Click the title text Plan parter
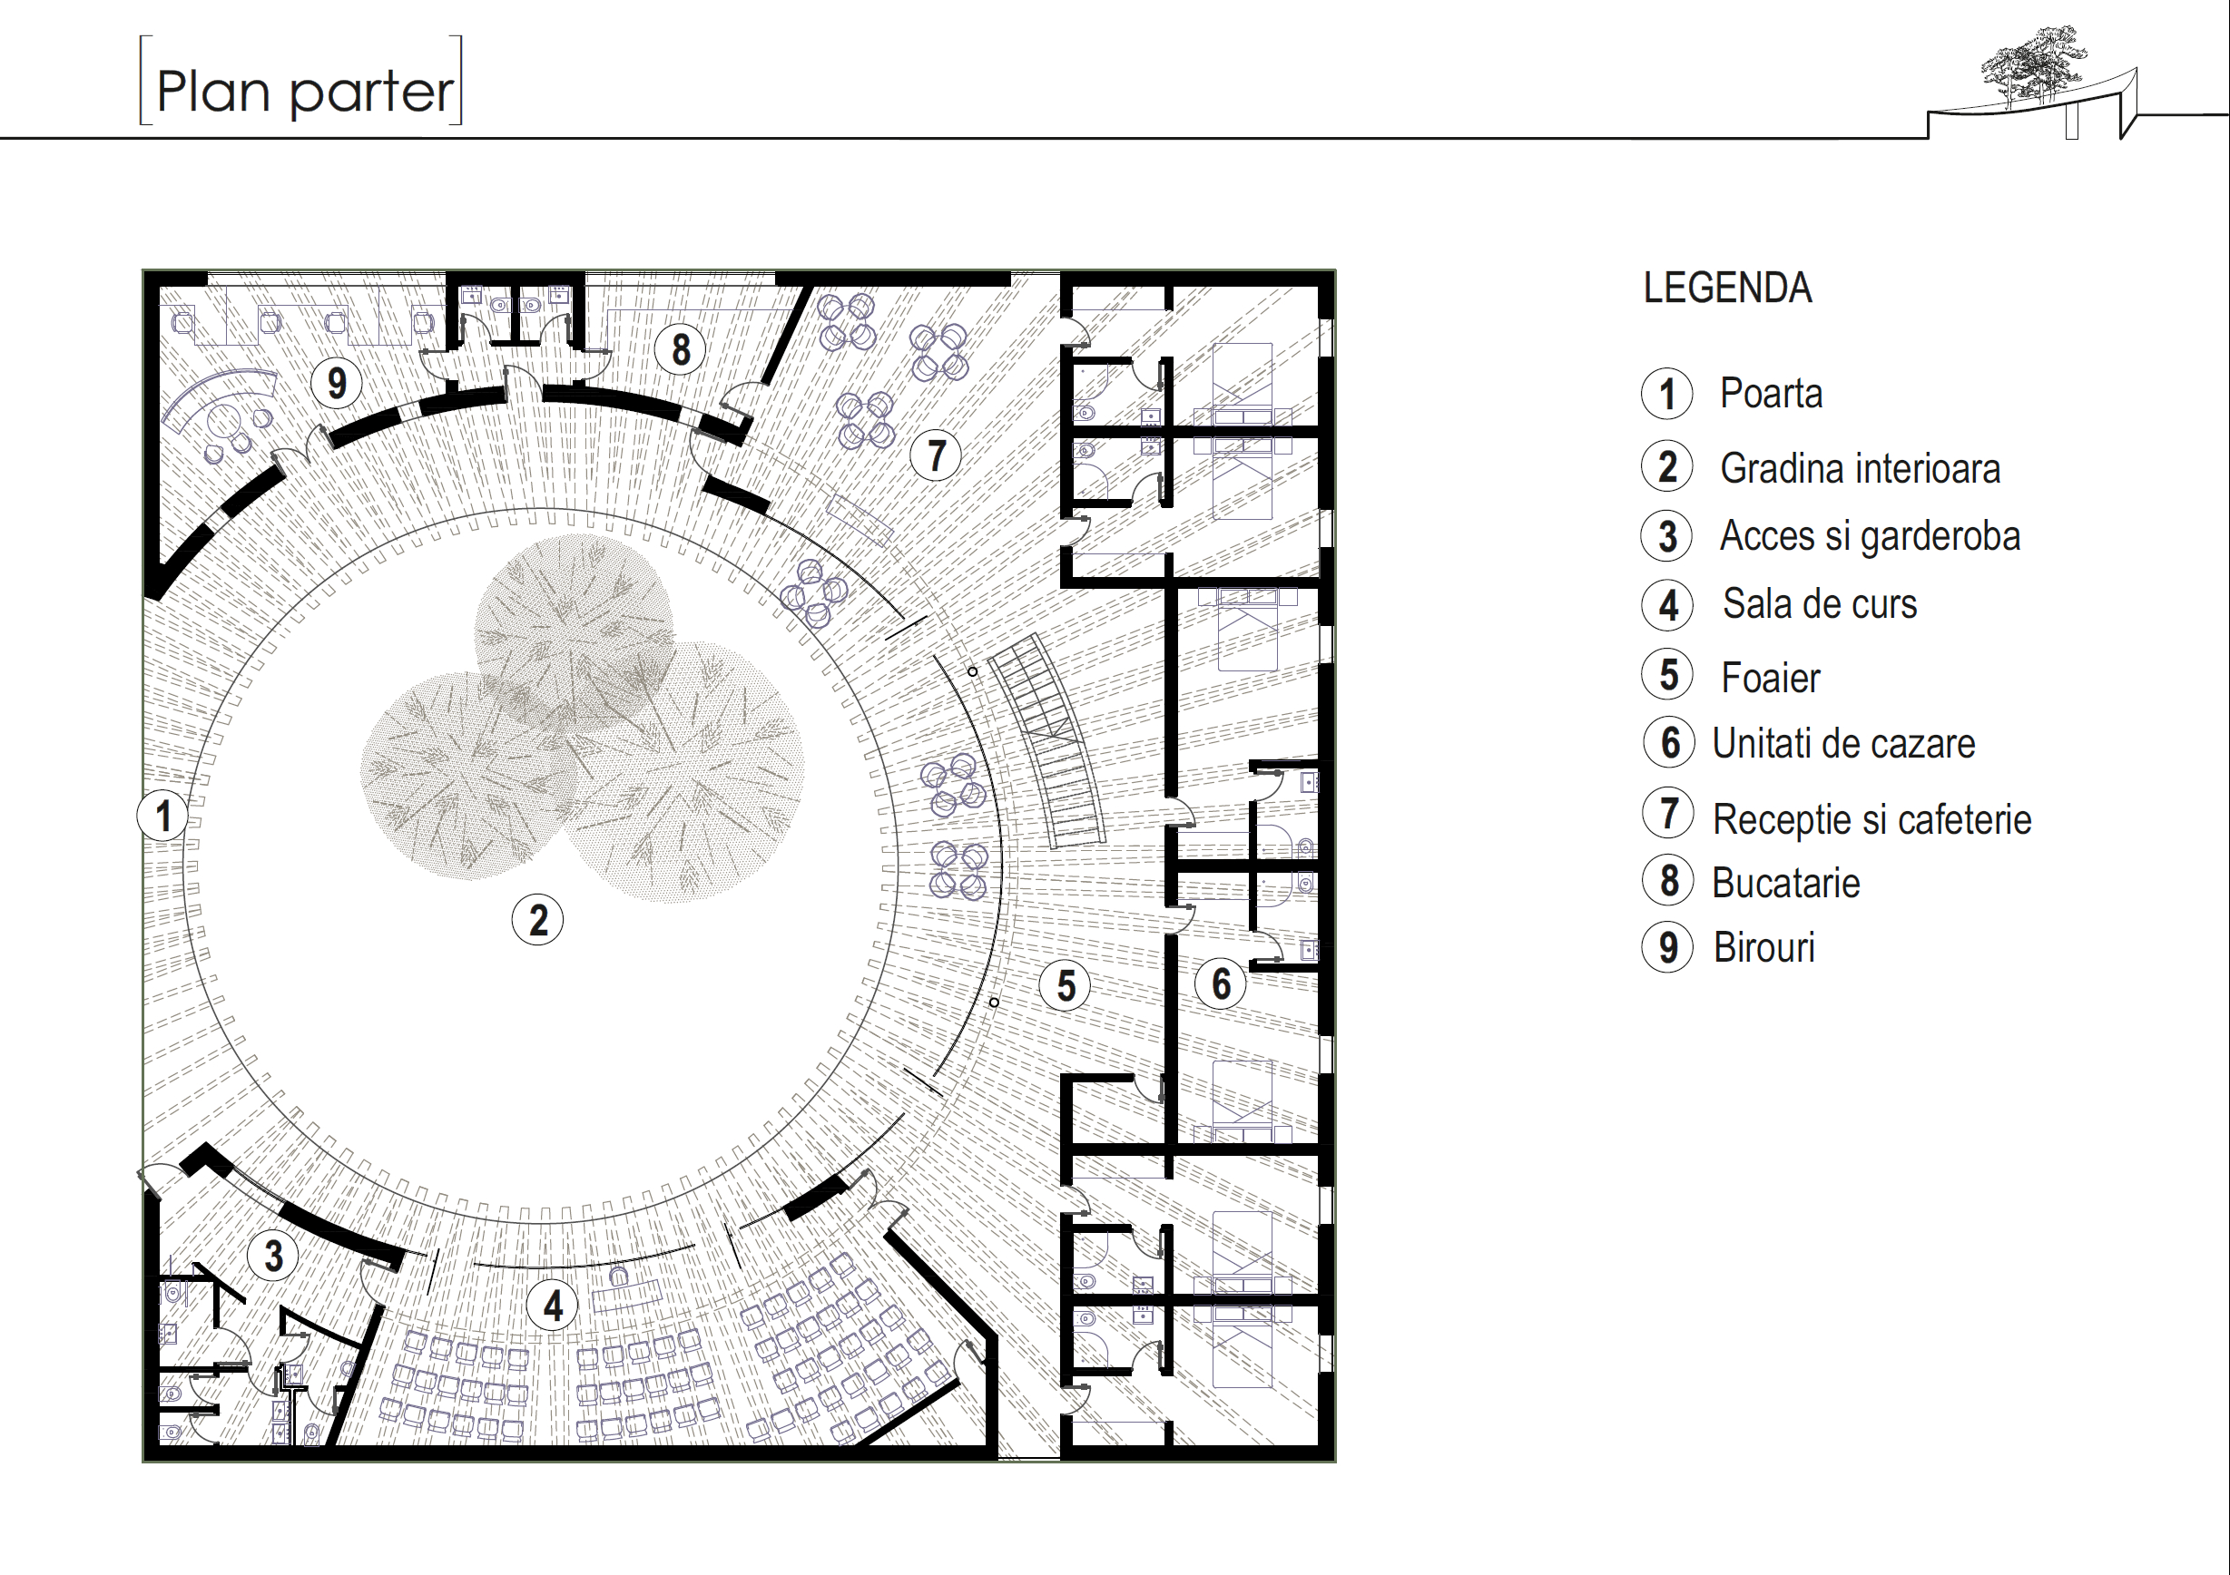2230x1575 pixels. point(303,92)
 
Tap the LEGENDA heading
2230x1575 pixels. point(1727,289)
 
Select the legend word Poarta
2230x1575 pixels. point(1771,393)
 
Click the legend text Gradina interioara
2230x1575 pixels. point(1859,468)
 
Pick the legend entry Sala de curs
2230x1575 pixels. point(1819,604)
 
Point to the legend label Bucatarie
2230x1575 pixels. point(1785,883)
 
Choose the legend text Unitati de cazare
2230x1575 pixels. point(1842,744)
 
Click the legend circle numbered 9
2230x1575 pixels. point(1667,947)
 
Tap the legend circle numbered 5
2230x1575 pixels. point(1667,675)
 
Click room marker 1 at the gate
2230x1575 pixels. point(163,816)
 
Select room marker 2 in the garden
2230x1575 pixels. point(537,920)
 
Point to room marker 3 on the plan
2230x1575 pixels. point(274,1255)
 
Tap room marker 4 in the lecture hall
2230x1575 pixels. point(553,1305)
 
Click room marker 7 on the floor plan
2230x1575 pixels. point(936,455)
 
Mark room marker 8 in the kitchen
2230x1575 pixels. point(680,348)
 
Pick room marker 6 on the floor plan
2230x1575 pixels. point(1221,983)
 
